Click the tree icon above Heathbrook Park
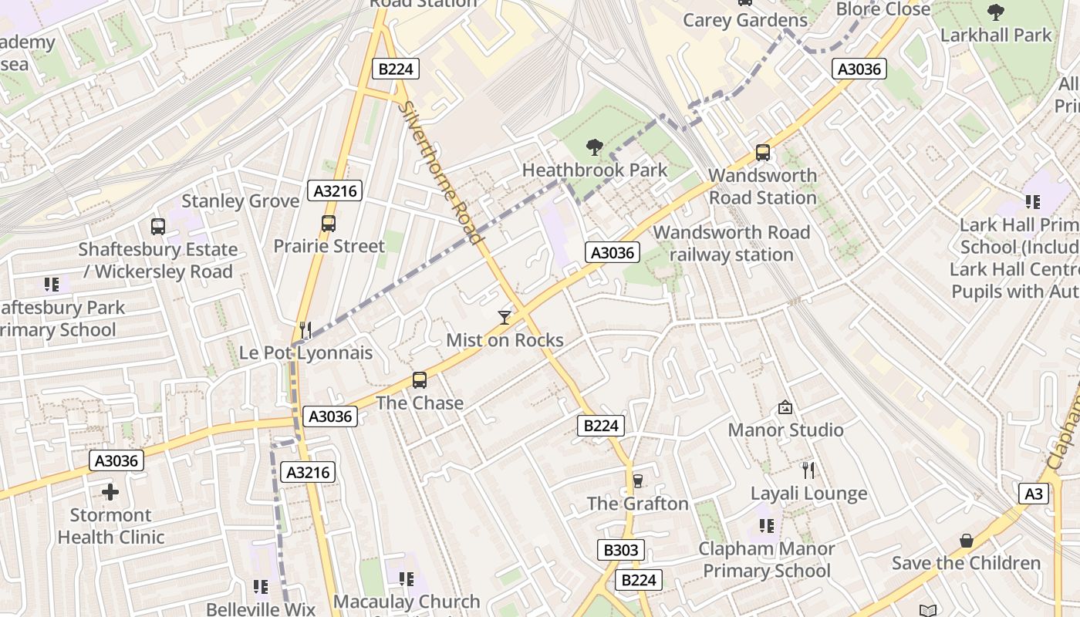coord(594,147)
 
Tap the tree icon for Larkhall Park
coord(996,12)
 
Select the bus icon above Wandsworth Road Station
coord(763,153)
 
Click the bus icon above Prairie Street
coord(329,224)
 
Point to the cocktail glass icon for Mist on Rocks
coord(505,317)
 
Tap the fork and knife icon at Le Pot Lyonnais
coord(305,330)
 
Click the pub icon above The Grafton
coord(637,481)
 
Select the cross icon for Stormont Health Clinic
coord(110,492)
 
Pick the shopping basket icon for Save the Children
coord(966,541)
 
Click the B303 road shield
coord(620,550)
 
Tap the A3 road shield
coord(1034,494)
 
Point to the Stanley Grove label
coord(240,201)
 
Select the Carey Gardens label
coord(744,20)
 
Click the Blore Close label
coord(883,9)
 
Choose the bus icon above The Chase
coord(420,380)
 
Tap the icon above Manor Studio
coord(785,407)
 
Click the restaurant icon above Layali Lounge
coord(808,470)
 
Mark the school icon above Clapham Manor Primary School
coord(766,526)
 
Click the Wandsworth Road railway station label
coord(731,244)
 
